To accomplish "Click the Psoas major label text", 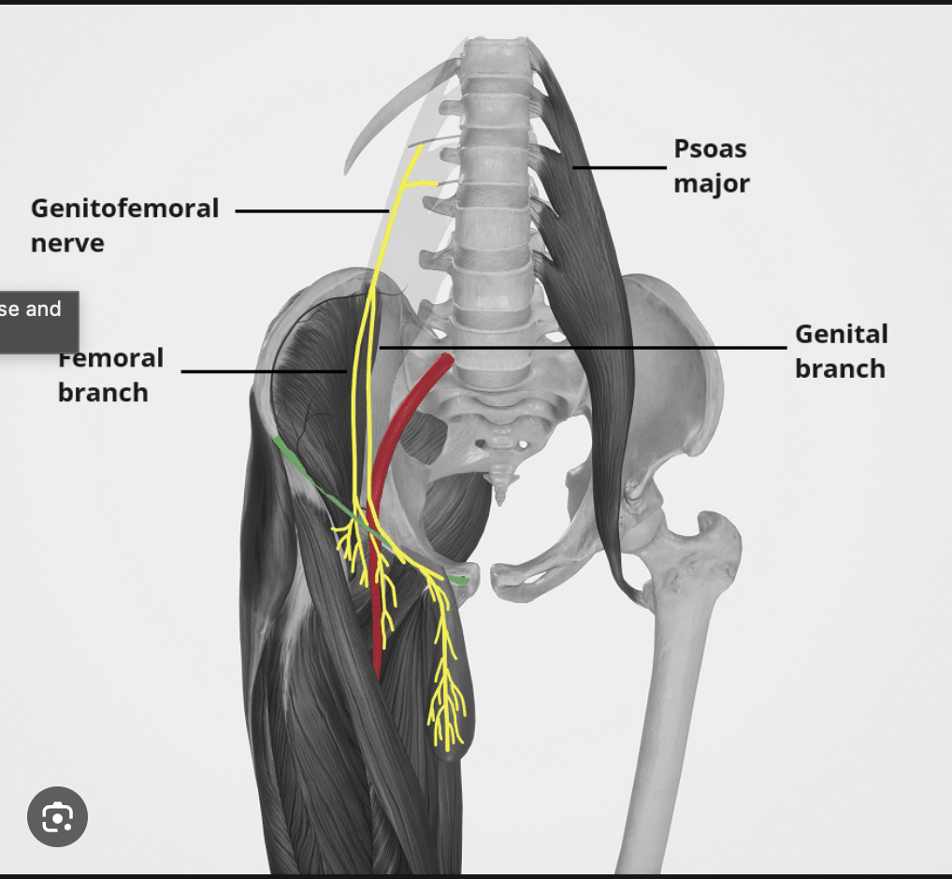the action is pos(711,166).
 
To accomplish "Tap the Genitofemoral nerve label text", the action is pos(124,225).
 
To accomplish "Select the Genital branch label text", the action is pos(840,351).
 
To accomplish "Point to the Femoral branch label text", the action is pos(109,375).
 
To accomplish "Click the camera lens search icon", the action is pos(57,817).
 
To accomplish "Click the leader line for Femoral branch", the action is pos(262,371).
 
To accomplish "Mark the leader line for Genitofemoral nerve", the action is pos(309,210).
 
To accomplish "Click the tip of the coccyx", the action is pos(502,494).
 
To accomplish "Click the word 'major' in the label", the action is pos(711,183).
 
